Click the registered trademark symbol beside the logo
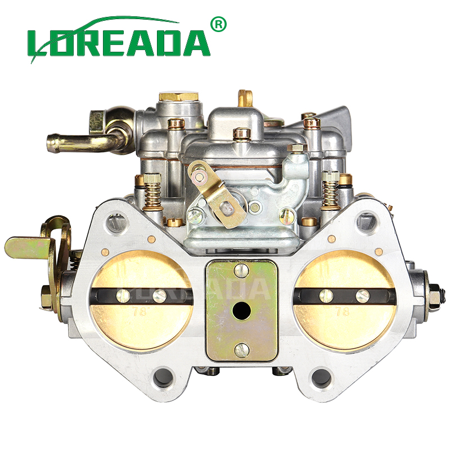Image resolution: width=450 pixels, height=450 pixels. coord(218,25)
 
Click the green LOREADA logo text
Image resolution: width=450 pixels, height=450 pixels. coord(119,43)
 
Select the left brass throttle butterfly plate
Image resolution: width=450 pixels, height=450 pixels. coord(141,300)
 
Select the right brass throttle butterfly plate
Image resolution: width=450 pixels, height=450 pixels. coord(345,300)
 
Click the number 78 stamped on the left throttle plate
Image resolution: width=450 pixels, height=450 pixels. coord(139,312)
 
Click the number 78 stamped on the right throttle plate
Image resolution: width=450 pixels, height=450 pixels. coord(343,311)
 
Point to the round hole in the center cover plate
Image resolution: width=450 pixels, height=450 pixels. coord(241,311)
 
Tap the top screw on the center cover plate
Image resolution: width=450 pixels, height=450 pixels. coord(241,271)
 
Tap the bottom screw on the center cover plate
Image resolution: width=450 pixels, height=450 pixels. coord(241,350)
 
